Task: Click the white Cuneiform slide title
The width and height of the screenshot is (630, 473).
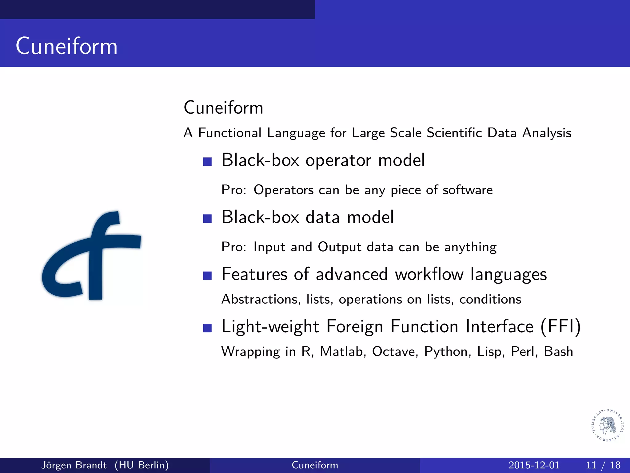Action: [x=66, y=46]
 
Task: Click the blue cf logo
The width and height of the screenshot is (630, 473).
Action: [x=91, y=256]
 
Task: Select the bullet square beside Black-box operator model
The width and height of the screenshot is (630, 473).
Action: [x=207, y=162]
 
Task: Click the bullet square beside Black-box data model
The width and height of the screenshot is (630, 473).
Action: [x=207, y=218]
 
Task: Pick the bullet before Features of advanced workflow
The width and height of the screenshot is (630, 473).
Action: [x=207, y=275]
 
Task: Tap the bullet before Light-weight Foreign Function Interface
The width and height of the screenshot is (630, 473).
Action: [x=207, y=328]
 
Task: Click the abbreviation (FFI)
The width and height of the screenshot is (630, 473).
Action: [x=560, y=326]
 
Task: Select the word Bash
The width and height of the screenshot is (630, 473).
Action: [x=558, y=352]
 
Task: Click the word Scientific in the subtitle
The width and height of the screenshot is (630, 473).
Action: [x=454, y=133]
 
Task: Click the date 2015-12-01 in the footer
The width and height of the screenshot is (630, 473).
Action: [x=534, y=465]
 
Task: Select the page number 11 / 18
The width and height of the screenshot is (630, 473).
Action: [x=603, y=465]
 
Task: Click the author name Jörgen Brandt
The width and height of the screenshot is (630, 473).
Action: [x=74, y=465]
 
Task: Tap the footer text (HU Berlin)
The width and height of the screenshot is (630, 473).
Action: [x=142, y=465]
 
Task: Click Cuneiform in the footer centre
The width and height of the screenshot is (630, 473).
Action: [x=315, y=465]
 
